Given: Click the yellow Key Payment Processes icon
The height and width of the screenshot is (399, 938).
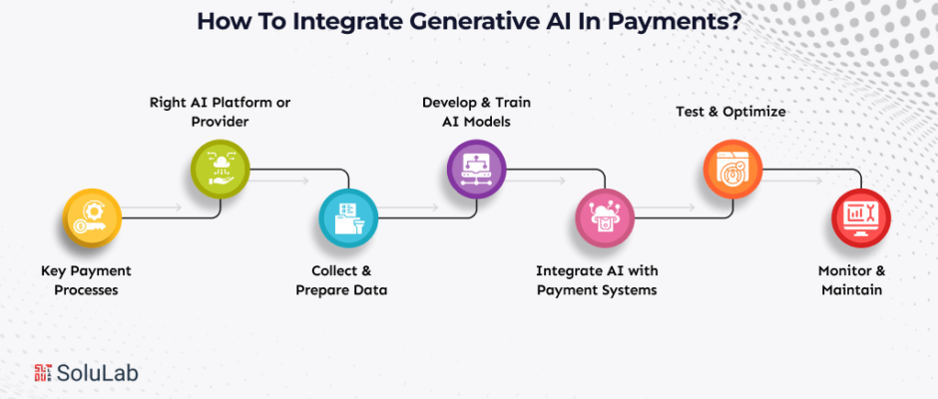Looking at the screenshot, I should (91, 221).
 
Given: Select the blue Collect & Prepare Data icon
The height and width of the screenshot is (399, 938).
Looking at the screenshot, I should (346, 221).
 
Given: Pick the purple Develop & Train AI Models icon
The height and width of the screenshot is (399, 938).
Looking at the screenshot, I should (475, 166).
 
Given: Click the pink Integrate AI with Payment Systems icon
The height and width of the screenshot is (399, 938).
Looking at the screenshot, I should (603, 221).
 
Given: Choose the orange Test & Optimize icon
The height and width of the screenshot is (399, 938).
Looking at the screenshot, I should (731, 166).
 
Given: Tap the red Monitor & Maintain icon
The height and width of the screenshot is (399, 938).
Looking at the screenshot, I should (859, 221).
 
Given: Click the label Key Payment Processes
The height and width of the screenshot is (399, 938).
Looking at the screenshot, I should (86, 280).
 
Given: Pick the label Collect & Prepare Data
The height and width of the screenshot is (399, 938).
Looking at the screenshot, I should (341, 280).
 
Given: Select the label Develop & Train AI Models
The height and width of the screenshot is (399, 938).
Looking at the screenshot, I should (472, 111).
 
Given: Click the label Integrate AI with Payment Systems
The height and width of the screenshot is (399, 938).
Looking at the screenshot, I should (597, 280).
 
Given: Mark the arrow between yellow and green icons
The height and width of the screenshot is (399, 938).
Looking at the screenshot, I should (155, 208).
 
